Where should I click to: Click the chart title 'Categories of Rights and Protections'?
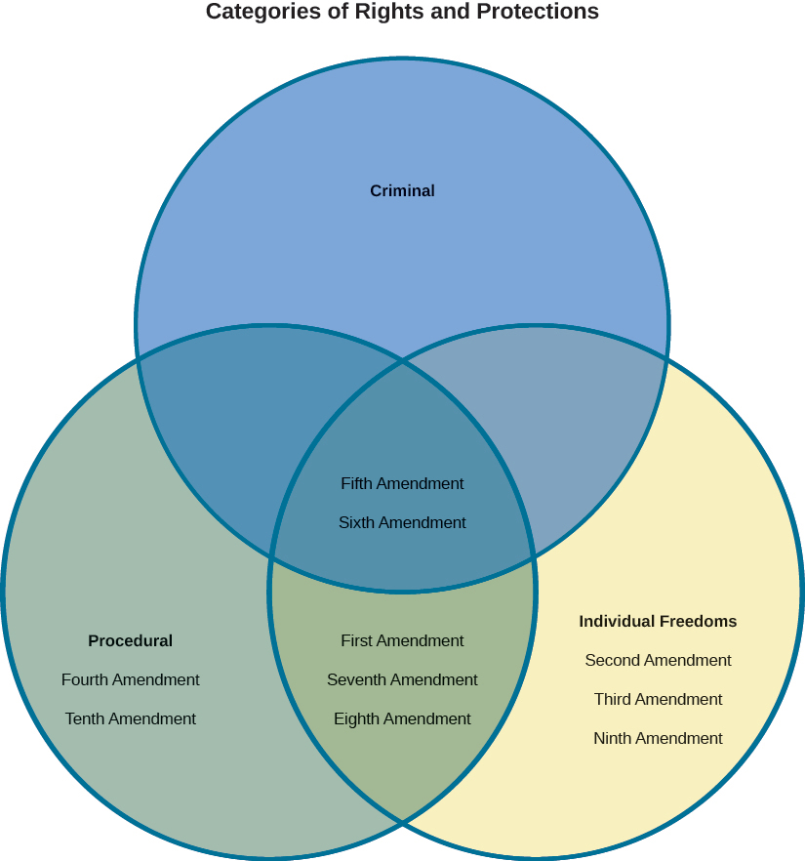tap(402, 12)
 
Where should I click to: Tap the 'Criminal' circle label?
tap(402, 191)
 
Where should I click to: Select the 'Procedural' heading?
tap(130, 641)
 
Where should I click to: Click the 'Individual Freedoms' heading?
tap(658, 622)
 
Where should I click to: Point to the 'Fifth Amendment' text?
tap(402, 484)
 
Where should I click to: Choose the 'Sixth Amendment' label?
tap(402, 523)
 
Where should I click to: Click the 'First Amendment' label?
tap(402, 641)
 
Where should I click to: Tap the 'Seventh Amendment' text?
tap(402, 680)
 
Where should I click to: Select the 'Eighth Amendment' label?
tap(402, 719)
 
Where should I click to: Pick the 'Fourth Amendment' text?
tap(130, 680)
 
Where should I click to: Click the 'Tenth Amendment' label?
tap(130, 719)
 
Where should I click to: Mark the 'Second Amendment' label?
tap(658, 661)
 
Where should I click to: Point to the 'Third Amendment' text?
tap(658, 700)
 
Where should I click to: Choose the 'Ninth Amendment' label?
tap(658, 739)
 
